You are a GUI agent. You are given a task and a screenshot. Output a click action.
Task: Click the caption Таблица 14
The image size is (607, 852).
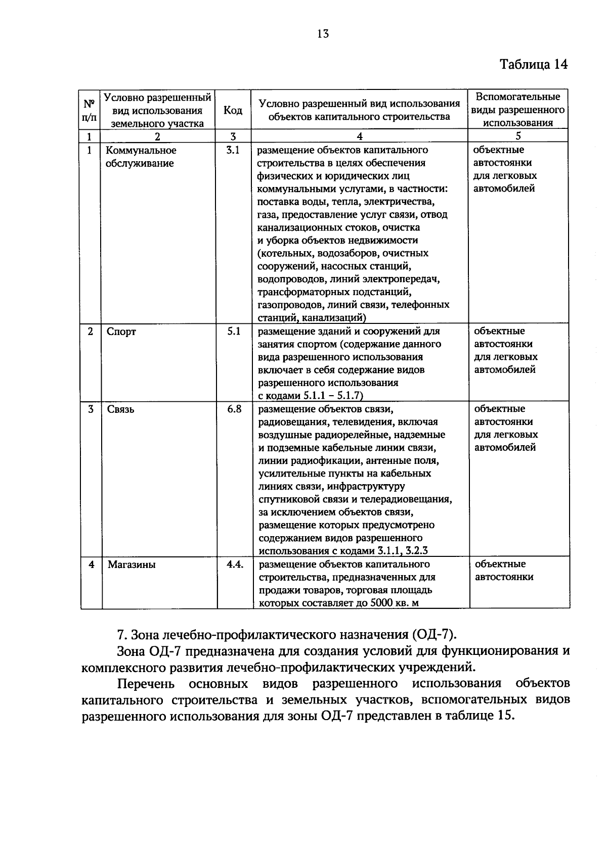click(534, 65)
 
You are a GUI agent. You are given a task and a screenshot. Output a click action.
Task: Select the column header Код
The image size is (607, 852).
click(233, 110)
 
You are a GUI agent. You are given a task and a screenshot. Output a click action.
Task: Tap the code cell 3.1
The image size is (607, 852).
click(233, 150)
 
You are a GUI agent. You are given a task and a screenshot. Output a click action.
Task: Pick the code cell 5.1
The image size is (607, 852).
click(234, 332)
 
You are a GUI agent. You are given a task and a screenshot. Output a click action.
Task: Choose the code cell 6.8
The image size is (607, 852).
click(234, 409)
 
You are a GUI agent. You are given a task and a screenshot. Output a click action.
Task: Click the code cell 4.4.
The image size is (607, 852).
click(235, 564)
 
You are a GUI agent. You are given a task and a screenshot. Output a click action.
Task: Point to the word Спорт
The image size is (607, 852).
click(121, 332)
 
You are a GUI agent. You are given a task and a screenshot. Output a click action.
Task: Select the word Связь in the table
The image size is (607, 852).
click(121, 409)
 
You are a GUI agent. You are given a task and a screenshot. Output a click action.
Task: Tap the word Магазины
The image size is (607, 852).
click(132, 564)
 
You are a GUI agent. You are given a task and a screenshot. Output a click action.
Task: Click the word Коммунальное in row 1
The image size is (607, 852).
click(141, 151)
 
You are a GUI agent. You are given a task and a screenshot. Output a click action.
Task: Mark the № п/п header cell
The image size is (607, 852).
click(89, 110)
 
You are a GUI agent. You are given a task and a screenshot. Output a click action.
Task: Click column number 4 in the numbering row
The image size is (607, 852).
click(359, 136)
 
